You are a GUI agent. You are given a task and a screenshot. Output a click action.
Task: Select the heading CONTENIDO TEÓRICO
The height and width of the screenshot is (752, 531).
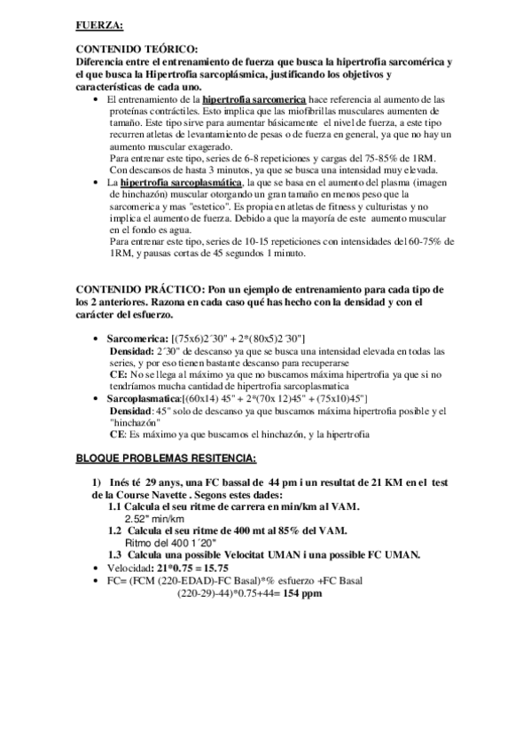coord(137,49)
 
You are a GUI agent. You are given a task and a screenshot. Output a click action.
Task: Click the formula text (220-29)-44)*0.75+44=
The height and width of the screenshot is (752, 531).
coord(230,592)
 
